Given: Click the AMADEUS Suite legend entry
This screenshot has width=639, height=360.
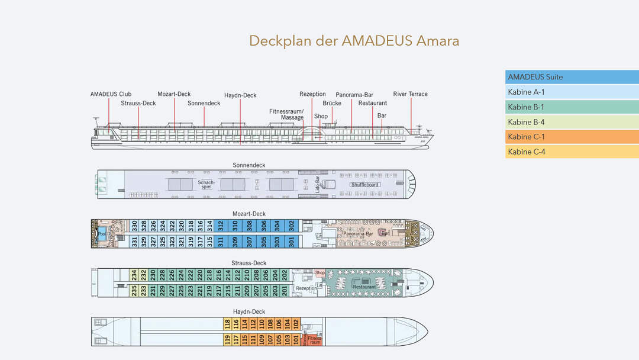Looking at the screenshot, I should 572,77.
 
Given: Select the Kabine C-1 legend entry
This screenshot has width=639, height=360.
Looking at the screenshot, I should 572,137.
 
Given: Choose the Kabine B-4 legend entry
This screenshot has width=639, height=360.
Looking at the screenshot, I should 572,122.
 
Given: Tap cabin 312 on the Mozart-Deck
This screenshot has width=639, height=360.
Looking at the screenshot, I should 220,226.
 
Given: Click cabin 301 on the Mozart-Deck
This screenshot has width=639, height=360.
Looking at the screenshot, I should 291,241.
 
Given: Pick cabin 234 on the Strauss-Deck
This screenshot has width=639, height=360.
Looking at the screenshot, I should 134,275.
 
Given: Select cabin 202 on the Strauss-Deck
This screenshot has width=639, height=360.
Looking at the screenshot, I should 285,275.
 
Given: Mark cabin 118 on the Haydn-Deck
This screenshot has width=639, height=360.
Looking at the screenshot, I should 227,323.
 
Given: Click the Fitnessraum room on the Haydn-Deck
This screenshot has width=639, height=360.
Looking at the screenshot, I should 315,340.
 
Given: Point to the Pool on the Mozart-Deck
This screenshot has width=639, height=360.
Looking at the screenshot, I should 102,233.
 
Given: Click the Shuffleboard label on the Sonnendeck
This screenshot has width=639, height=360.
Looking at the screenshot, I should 365,185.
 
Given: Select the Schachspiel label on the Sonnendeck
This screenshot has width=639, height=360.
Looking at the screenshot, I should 206,185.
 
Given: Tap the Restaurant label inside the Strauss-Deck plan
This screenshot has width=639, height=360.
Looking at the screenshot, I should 364,287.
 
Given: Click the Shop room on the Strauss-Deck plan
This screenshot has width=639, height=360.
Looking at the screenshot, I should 320,273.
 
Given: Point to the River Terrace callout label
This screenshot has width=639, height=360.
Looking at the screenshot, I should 410,94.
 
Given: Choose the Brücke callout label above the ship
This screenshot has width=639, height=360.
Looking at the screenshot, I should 332,103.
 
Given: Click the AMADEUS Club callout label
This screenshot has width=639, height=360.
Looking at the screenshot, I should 111,94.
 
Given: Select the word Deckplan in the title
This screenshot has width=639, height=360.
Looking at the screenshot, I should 280,41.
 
